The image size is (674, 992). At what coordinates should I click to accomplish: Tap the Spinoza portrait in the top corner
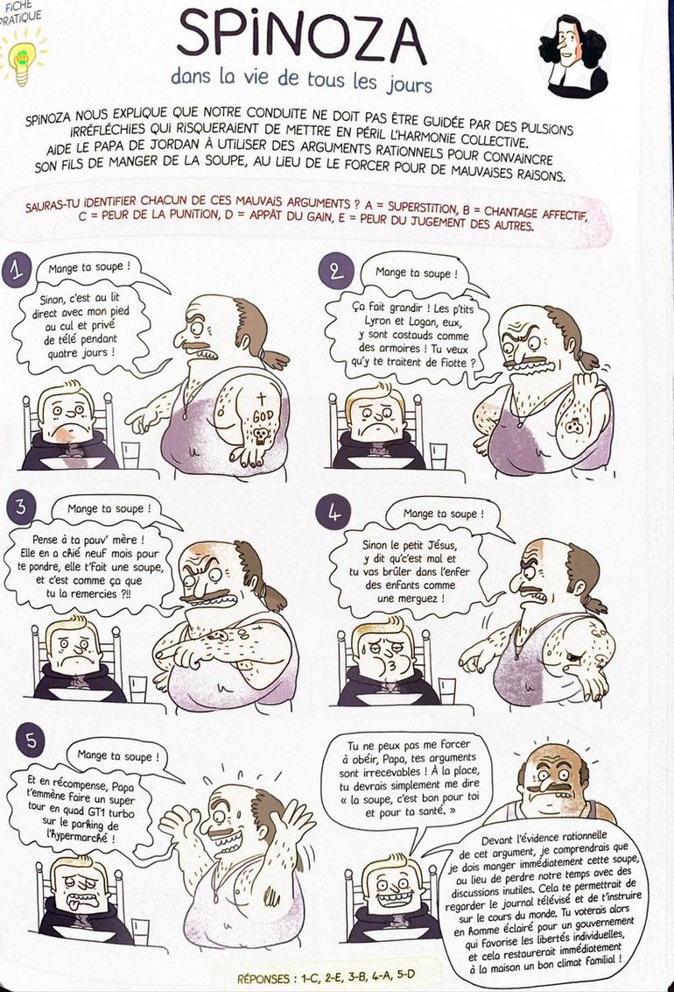(x=572, y=54)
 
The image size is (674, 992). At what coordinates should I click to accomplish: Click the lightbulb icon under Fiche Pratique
(x=21, y=55)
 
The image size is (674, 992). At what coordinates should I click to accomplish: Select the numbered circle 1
(x=17, y=273)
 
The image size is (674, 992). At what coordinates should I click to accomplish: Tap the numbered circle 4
(x=335, y=514)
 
